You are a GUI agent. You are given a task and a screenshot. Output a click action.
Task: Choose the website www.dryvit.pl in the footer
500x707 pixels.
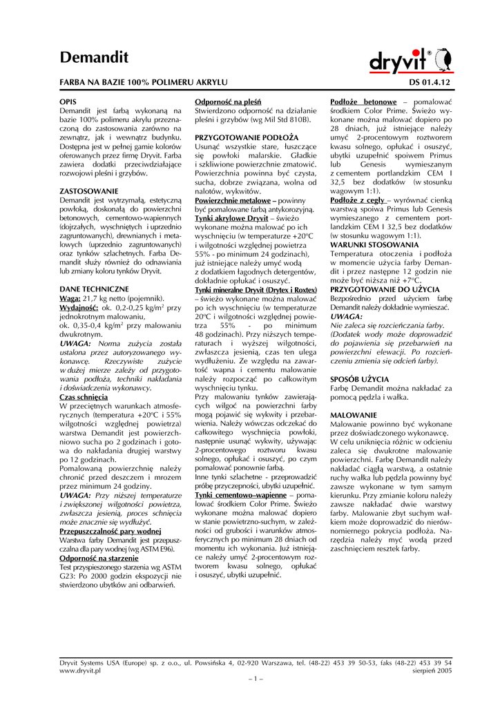pyautogui.click(x=81, y=670)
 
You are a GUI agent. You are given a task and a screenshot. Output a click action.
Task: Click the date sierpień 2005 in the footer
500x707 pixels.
pyautogui.click(x=432, y=670)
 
